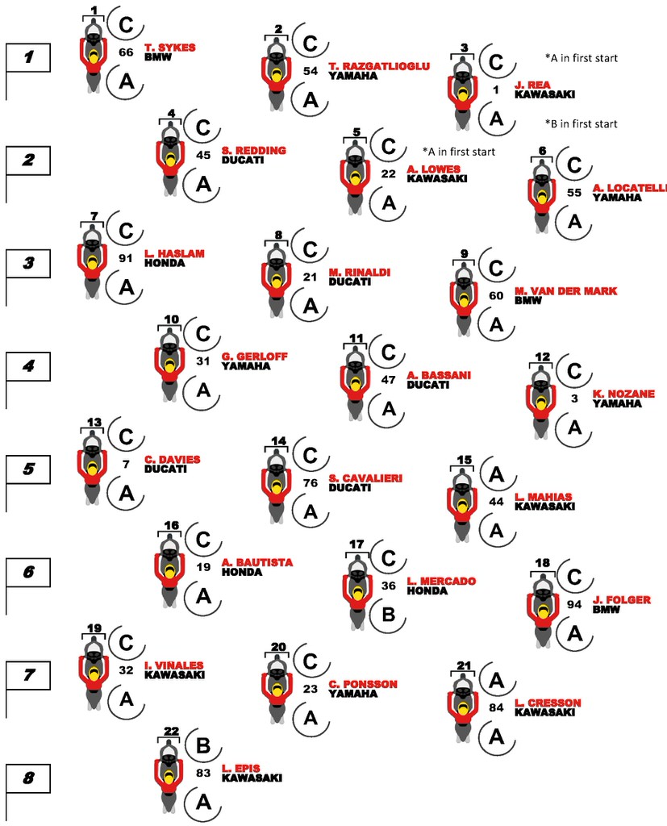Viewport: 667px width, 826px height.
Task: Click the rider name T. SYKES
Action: point(169,48)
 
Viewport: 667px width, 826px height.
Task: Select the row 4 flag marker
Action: point(28,367)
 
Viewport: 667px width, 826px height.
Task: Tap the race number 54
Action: point(311,71)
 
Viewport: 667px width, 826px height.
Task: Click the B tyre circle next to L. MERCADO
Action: point(388,615)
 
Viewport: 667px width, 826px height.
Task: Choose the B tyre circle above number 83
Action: point(202,746)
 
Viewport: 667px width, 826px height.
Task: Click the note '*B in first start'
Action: point(582,123)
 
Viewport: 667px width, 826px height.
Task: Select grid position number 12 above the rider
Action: point(542,357)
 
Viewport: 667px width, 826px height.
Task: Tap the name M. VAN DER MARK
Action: point(565,290)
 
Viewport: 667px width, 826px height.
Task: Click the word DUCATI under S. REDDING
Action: point(243,160)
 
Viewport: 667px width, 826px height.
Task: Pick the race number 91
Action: point(125,259)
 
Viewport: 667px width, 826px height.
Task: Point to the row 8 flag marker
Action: point(28,778)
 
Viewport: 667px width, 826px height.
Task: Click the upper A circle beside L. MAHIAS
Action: point(496,474)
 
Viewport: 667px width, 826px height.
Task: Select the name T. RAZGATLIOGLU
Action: point(379,66)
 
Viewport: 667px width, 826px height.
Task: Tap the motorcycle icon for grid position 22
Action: point(169,776)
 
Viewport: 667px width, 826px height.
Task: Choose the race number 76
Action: point(311,482)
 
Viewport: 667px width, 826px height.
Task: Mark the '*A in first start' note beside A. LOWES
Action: point(459,152)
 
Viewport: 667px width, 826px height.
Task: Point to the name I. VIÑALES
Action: point(174,665)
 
